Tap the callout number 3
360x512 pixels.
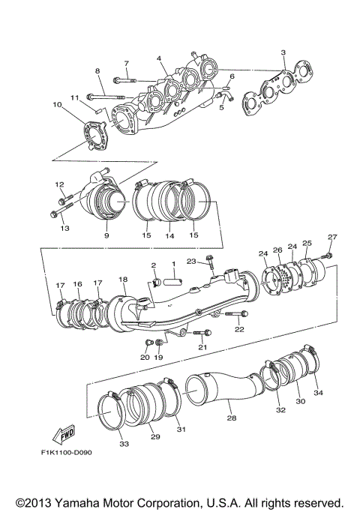tap(283, 52)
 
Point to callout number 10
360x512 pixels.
tap(56, 105)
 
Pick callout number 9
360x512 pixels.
tap(106, 235)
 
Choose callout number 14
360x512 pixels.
tap(169, 235)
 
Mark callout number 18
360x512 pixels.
tap(122, 279)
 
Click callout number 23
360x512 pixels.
tap(192, 260)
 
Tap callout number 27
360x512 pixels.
tap(331, 238)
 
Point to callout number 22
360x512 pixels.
tap(239, 329)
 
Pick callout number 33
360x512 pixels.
tap(124, 444)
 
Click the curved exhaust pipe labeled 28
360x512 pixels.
tap(225, 382)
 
